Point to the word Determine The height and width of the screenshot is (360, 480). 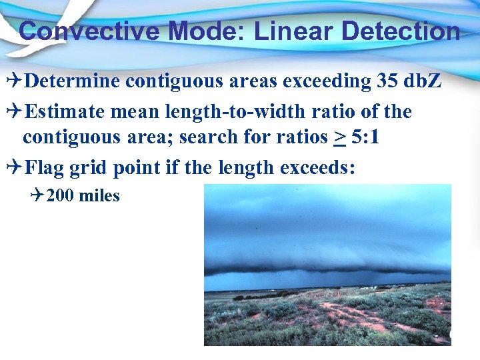click(x=73, y=81)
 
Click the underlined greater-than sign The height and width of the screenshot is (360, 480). click(x=340, y=137)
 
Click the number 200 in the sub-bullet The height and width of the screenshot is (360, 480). click(x=61, y=196)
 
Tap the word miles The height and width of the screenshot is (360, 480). click(x=99, y=196)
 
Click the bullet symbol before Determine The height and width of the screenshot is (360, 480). click(x=15, y=81)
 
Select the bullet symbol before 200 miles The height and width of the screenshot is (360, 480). click(x=37, y=196)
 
